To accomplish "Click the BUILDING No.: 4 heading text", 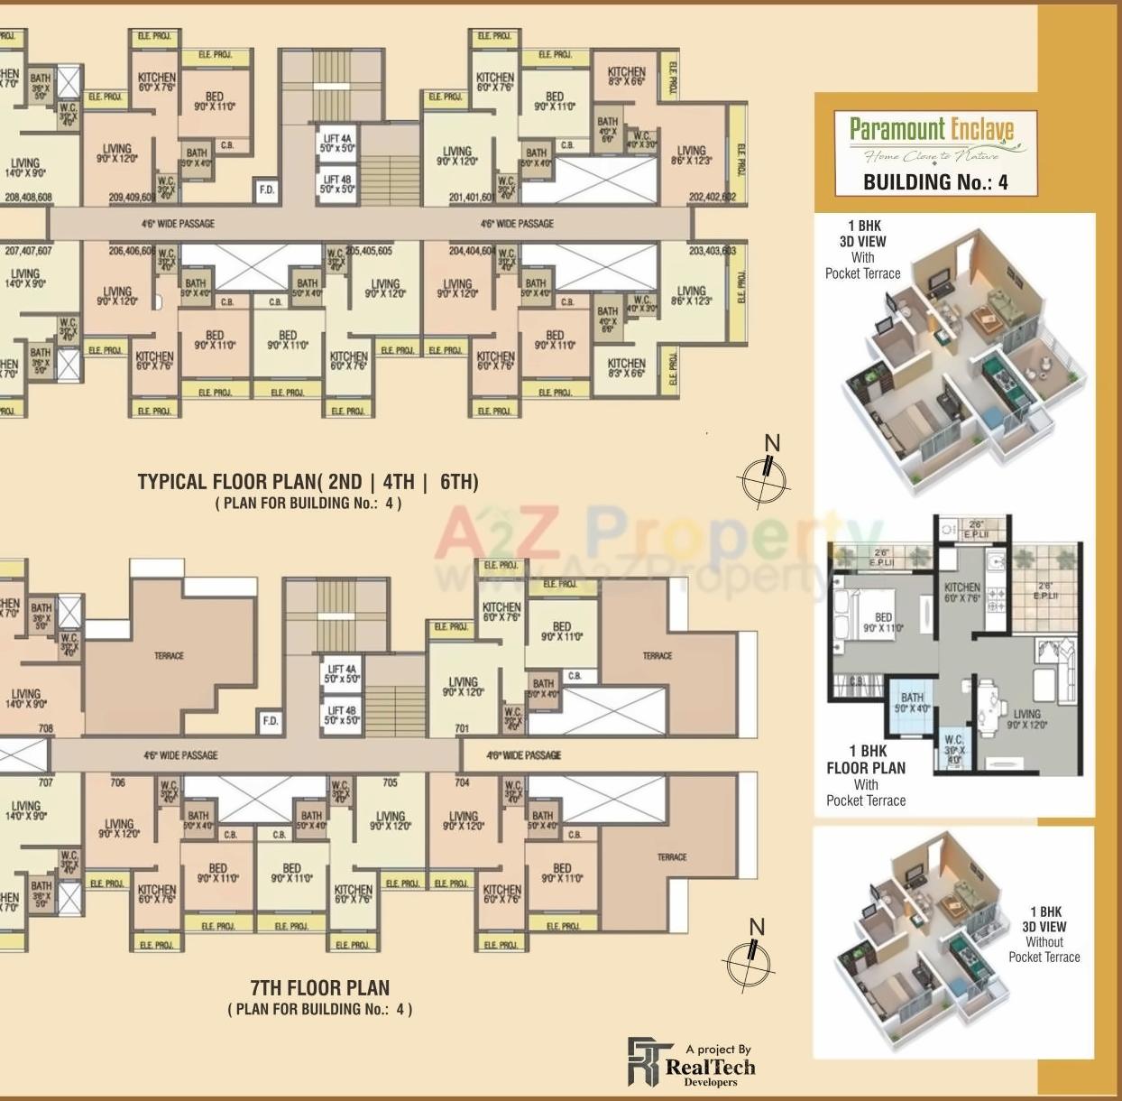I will pos(935,181).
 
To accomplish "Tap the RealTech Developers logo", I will pos(692,1062).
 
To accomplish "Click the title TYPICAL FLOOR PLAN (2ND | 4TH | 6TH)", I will pos(308,482).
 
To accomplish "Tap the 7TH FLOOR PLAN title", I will pos(320,987).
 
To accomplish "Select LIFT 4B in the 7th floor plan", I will pos(342,716).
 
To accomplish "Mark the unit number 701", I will pos(463,728).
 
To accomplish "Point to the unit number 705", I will pos(390,782).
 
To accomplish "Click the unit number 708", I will pos(45,728).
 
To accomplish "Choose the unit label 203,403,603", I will pos(712,251).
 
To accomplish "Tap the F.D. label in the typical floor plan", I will pos(266,190).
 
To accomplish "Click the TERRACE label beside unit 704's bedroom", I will pos(672,857).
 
